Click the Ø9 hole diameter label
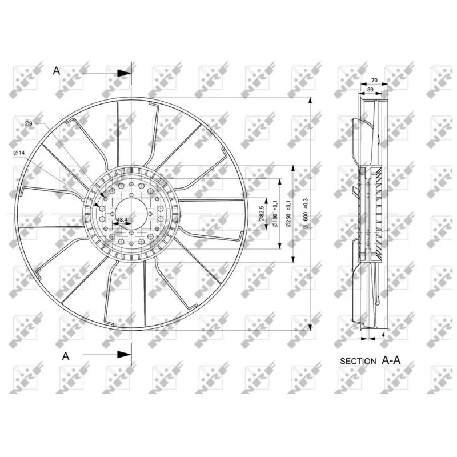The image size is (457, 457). (27, 124)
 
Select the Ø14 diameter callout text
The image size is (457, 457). (19, 153)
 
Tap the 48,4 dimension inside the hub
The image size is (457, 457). (122, 219)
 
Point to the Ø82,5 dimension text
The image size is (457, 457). (261, 213)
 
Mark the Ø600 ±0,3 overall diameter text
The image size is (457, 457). (305, 213)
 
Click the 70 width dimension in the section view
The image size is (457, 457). (375, 81)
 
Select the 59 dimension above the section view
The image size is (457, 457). (370, 90)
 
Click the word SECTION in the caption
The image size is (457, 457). (358, 361)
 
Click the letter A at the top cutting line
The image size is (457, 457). (56, 70)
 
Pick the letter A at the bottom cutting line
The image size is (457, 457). (66, 355)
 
